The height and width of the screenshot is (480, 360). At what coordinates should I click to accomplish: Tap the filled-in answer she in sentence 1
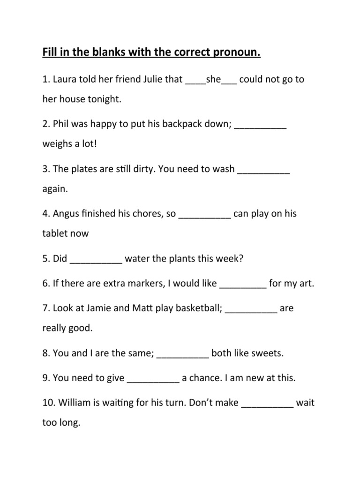pyautogui.click(x=213, y=79)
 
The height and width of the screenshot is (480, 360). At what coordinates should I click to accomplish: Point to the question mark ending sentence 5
pyautogui.click(x=241, y=259)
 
